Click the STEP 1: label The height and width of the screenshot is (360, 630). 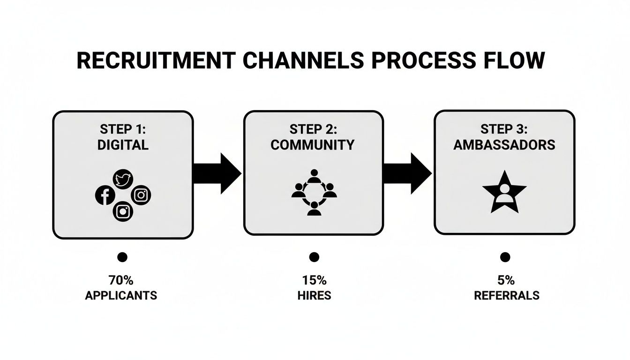tap(123, 129)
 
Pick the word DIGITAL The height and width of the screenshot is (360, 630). tap(123, 145)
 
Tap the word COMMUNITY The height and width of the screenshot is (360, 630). tap(313, 145)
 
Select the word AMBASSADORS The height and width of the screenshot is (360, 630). tap(504, 145)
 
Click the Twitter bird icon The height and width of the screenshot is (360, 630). tap(123, 179)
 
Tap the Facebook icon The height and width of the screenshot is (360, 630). tap(105, 195)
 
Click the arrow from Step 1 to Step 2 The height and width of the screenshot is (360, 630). tap(217, 173)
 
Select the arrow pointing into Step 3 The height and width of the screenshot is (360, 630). tap(407, 173)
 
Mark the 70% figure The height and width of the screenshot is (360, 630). tap(121, 280)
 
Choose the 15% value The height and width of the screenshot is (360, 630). tap(314, 280)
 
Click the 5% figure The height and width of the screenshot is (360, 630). tap(506, 280)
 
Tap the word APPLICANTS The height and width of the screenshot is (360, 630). tap(121, 296)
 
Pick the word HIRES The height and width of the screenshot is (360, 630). tap(314, 296)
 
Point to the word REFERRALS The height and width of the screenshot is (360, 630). tap(507, 296)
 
